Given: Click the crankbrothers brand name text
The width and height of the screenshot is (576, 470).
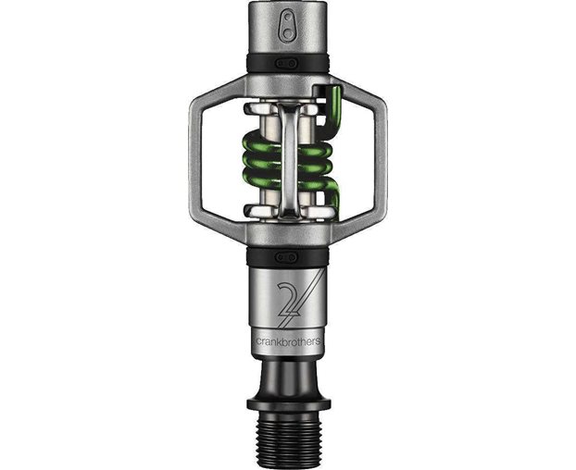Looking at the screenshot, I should [x=287, y=340].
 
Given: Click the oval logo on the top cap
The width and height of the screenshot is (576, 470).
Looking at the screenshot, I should [x=287, y=23].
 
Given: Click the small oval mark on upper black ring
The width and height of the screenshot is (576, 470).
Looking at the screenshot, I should [x=287, y=62].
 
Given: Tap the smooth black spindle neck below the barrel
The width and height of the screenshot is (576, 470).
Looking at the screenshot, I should [x=287, y=375].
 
